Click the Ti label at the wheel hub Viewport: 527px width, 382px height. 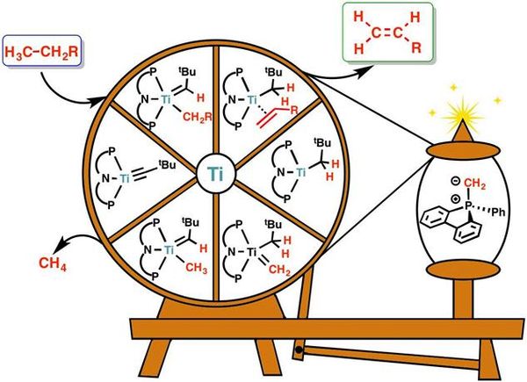tap(215, 174)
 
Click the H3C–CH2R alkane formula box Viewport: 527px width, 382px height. tap(42, 50)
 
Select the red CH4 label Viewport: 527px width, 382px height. tap(53, 263)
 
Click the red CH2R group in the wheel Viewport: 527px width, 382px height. tap(198, 117)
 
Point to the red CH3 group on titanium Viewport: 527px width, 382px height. tap(196, 268)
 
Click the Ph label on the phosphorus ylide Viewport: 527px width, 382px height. tap(498, 213)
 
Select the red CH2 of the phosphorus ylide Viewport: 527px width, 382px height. tap(474, 184)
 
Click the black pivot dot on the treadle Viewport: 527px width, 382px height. tap(299, 350)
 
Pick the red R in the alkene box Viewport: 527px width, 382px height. tap(416, 47)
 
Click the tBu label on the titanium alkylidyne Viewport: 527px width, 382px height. tap(168, 164)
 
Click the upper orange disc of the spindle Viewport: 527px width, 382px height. tap(463, 150)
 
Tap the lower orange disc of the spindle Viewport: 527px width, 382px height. tap(463, 269)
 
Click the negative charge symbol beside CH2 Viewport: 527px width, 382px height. tap(455, 182)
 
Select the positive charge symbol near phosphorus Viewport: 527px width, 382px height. tap(456, 198)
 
